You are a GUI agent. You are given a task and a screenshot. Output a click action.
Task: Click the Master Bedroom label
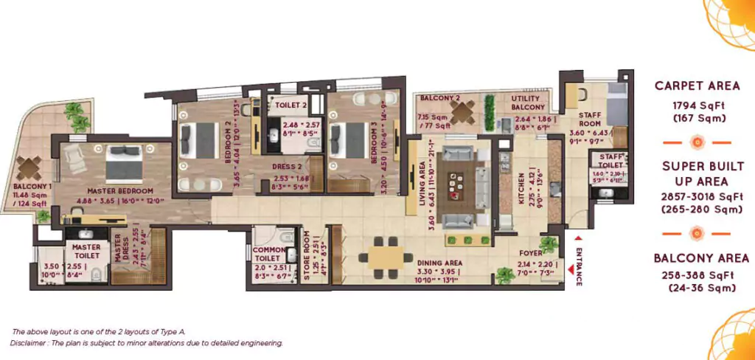[110, 190]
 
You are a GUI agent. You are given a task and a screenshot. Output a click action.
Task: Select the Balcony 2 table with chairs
[462, 113]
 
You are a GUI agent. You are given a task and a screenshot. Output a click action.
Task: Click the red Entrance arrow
[577, 238]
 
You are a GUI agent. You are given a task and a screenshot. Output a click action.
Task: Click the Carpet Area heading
[697, 86]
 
